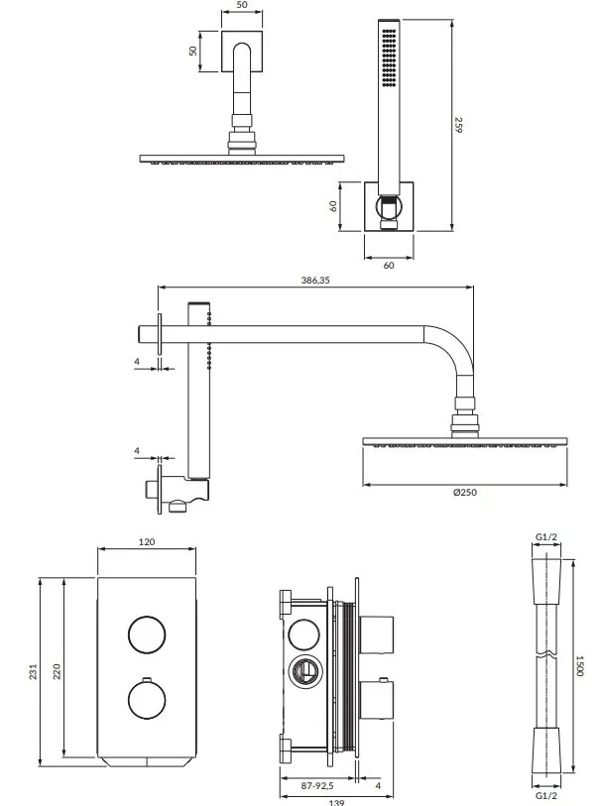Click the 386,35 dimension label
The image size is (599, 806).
tap(315, 282)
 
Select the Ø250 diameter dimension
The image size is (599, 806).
tap(464, 494)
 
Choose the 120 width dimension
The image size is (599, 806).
tap(148, 542)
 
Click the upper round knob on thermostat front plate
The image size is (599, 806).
tap(148, 632)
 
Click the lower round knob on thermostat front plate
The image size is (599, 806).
tap(148, 700)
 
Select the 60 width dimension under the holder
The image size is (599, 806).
tap(388, 266)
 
